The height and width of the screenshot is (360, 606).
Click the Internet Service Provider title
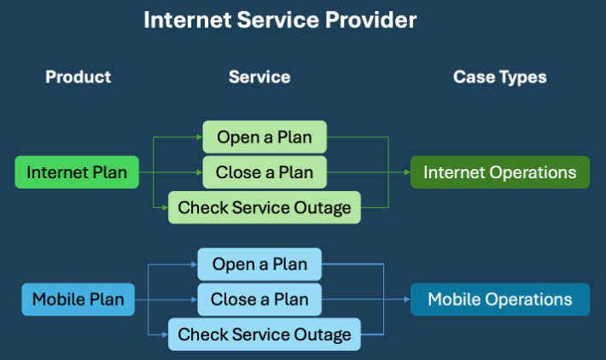tap(280, 20)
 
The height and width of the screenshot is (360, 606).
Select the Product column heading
tap(78, 77)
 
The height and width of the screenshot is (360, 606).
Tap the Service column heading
tap(259, 77)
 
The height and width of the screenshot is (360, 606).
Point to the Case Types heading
tap(499, 77)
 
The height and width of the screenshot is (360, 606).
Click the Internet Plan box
tap(77, 172)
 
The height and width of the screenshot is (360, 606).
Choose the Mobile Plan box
tap(78, 299)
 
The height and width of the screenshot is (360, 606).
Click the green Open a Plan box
tap(265, 136)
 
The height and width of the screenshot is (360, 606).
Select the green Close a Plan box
tap(265, 172)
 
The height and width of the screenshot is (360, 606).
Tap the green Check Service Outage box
tap(265, 207)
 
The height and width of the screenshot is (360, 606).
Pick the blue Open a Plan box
tap(259, 264)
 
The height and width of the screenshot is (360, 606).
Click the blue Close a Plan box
tap(259, 299)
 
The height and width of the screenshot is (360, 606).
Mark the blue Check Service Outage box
tap(265, 334)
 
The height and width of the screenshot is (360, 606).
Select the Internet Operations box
tap(499, 172)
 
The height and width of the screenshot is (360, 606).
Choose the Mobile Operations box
tap(499, 299)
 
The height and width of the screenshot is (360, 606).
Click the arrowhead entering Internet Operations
tap(406, 172)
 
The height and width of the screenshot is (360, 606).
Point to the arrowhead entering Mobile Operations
tap(406, 299)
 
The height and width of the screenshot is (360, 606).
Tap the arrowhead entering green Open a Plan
tap(199, 136)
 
